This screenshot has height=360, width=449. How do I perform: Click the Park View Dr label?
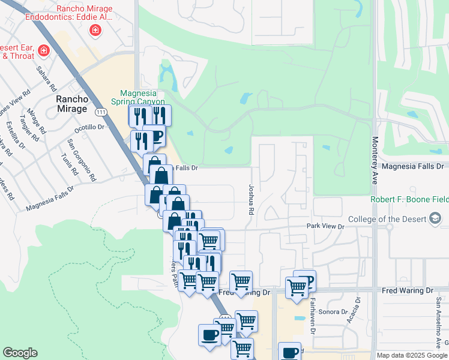point(325,227)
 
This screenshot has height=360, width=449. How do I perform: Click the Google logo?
point(20,353)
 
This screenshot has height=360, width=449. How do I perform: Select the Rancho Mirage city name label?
point(72,104)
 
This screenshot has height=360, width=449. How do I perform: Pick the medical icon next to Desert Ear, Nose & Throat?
point(43,51)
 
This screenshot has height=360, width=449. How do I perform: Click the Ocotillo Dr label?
point(89,127)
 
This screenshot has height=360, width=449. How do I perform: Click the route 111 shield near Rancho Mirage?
point(101,111)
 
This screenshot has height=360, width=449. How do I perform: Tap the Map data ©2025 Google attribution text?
point(412,355)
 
